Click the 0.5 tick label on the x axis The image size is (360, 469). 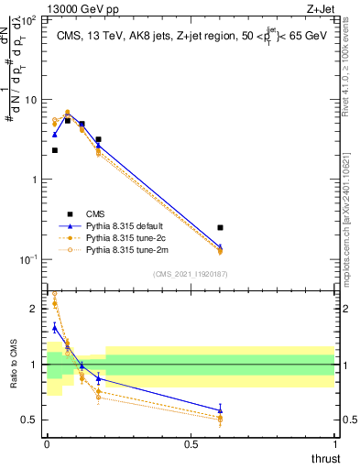[x=191, y=443]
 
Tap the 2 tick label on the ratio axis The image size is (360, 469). [x=36, y=309]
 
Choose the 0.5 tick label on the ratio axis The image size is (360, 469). [x=32, y=420]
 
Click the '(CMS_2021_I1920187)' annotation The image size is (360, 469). [x=190, y=272]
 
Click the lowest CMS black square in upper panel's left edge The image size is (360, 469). [x=55, y=150]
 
